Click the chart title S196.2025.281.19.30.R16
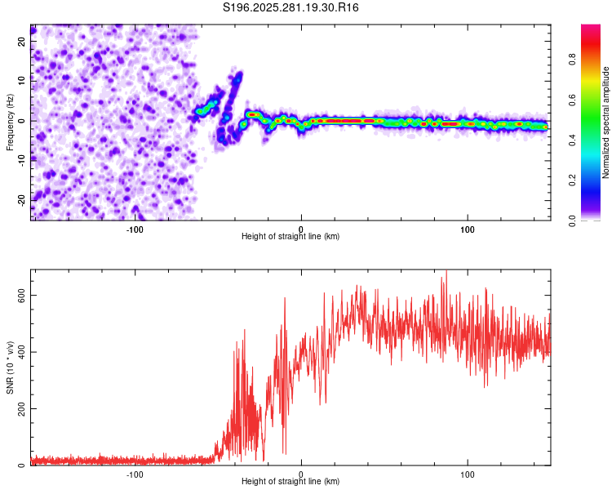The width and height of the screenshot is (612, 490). coord(291,8)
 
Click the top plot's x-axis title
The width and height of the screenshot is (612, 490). coord(290,237)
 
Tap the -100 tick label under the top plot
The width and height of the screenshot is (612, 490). coord(135,229)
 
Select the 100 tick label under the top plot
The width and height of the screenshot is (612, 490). coord(468,229)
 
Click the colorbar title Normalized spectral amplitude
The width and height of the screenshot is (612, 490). coord(606,122)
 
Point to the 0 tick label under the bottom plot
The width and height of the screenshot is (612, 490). coord(301,474)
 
